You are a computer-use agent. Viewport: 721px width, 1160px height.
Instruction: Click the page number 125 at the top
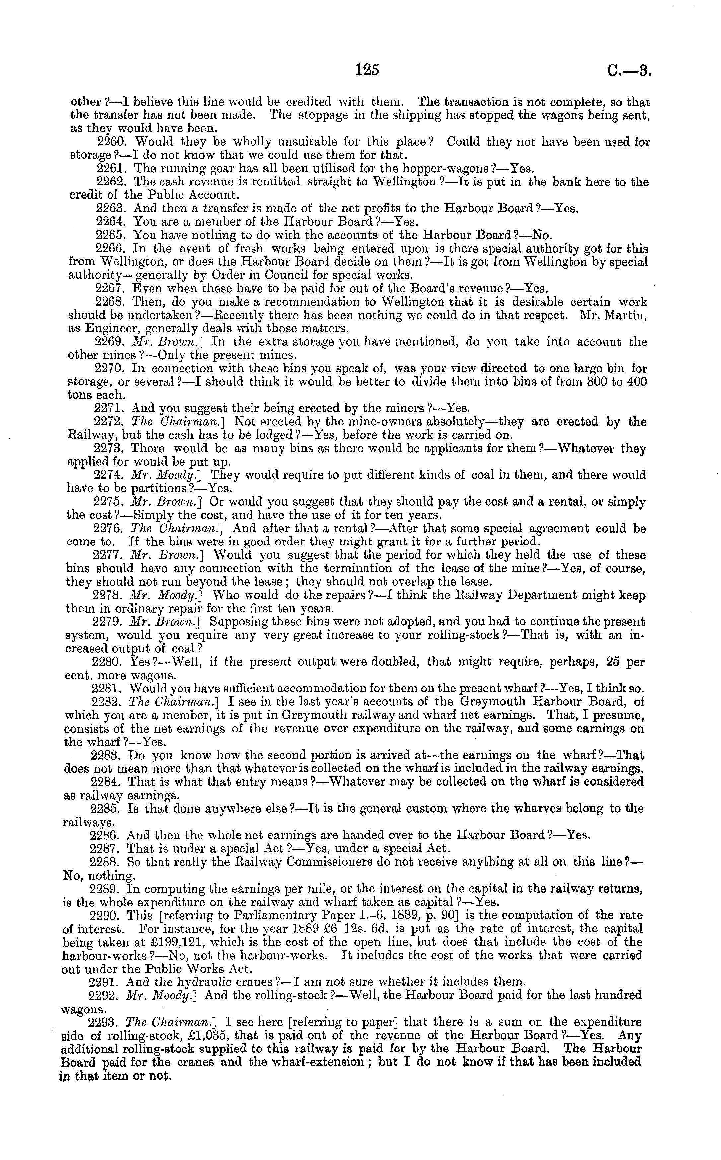367,71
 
